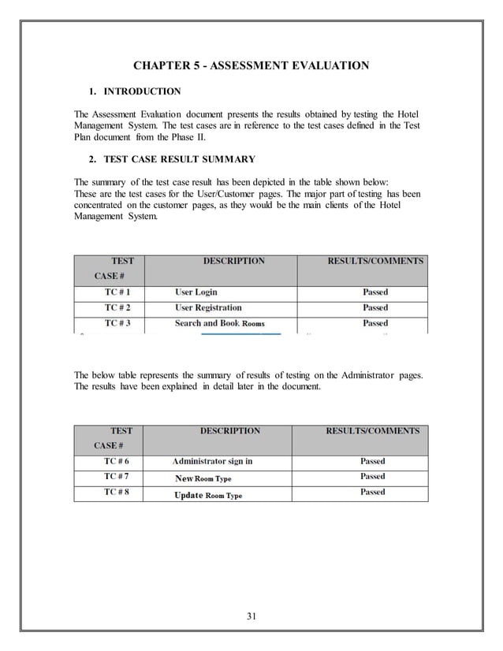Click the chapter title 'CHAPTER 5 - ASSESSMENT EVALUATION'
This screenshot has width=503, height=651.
(251, 65)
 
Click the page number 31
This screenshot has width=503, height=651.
(251, 616)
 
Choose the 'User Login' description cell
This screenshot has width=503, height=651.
(196, 292)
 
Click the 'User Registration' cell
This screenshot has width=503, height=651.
(208, 307)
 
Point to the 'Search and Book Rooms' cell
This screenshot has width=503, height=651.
(219, 323)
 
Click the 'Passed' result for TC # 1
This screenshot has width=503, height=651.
(375, 292)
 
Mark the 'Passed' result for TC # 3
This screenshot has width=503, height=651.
(375, 323)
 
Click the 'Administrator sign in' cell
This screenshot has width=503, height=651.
(212, 461)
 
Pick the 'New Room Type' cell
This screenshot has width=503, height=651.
(203, 478)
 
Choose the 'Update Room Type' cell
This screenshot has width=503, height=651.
(207, 495)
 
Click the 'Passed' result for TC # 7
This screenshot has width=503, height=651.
(373, 476)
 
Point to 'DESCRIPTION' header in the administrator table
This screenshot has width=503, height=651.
(230, 431)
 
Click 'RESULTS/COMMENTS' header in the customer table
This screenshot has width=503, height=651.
(375, 261)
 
